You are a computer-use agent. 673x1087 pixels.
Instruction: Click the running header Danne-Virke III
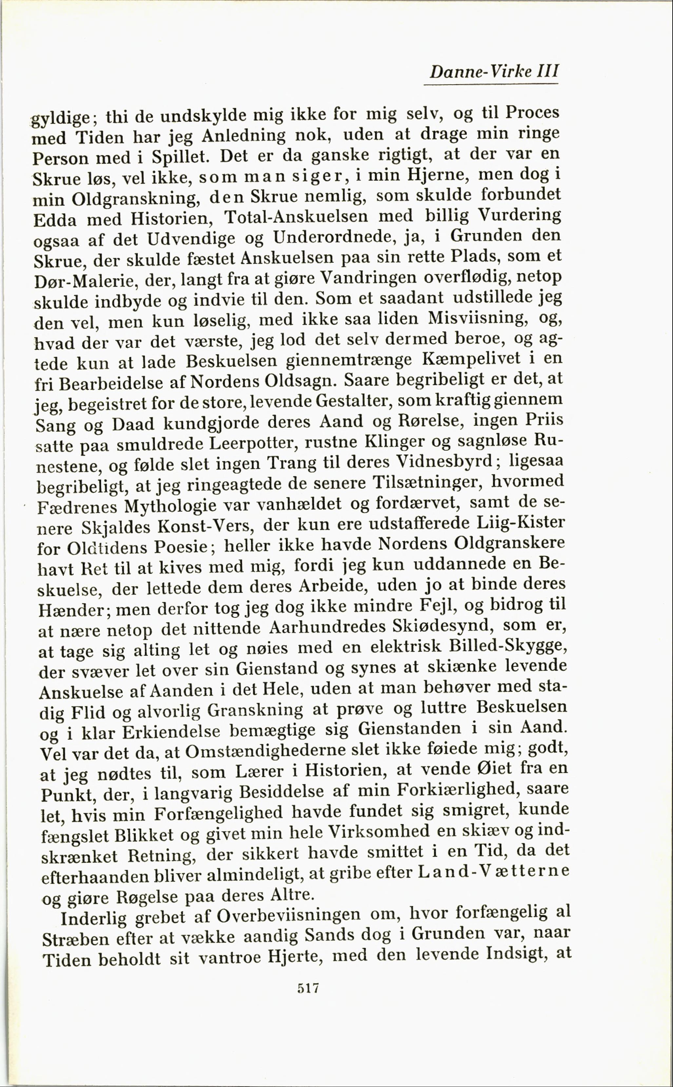(493, 71)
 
